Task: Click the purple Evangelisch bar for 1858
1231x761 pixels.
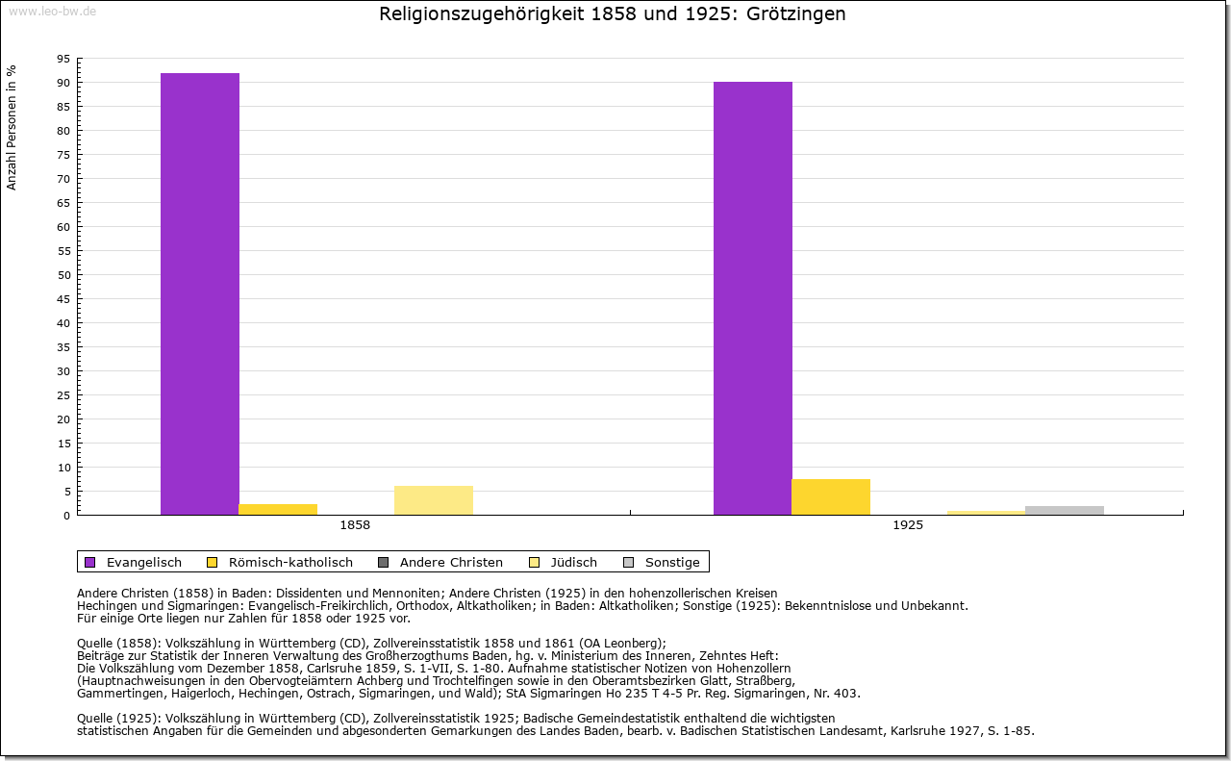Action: [x=200, y=293]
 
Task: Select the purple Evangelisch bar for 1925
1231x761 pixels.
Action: [x=753, y=298]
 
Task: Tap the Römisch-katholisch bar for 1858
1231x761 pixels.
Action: [x=278, y=509]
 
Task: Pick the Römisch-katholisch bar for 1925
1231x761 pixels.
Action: [x=831, y=496]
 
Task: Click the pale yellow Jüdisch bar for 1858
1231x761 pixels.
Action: [x=434, y=500]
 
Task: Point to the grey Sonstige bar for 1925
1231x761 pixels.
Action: [x=1065, y=510]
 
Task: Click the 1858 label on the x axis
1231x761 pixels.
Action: [x=355, y=526]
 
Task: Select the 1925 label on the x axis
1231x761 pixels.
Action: [x=908, y=526]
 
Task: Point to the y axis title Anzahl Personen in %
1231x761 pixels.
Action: [x=12, y=128]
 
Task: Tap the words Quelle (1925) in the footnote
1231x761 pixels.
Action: [x=118, y=718]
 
